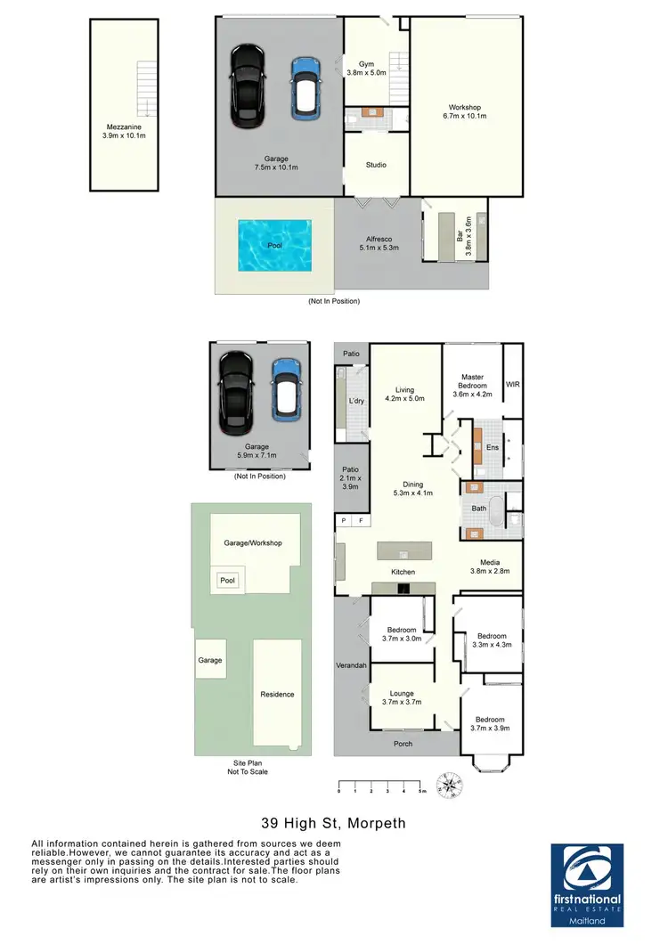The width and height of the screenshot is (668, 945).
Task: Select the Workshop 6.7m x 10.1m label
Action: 465,111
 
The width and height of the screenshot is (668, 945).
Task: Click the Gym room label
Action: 367,69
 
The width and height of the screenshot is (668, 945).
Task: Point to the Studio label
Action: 376,165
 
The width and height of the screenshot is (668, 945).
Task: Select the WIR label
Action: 512,385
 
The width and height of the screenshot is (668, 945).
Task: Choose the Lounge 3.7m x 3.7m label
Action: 402,697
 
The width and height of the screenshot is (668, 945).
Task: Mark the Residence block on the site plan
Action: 277,694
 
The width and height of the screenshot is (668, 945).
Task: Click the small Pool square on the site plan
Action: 228,581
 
